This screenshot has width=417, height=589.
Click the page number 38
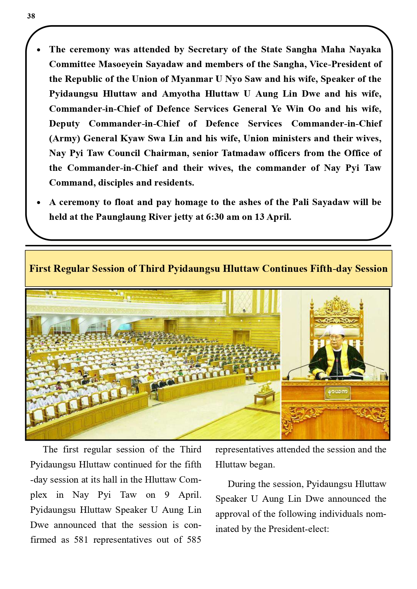click(x=31, y=16)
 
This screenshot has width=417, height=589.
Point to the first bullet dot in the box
click(x=39, y=50)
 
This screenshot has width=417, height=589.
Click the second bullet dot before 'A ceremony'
click(x=39, y=203)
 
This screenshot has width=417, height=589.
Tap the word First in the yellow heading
click(x=40, y=268)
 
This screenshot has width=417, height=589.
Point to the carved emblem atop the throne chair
click(x=336, y=304)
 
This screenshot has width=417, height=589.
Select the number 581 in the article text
click(x=81, y=540)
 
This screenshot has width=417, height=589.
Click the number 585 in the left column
click(x=194, y=540)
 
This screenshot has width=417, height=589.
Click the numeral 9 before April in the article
click(x=167, y=495)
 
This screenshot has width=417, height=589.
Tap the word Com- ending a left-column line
click(x=190, y=480)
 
